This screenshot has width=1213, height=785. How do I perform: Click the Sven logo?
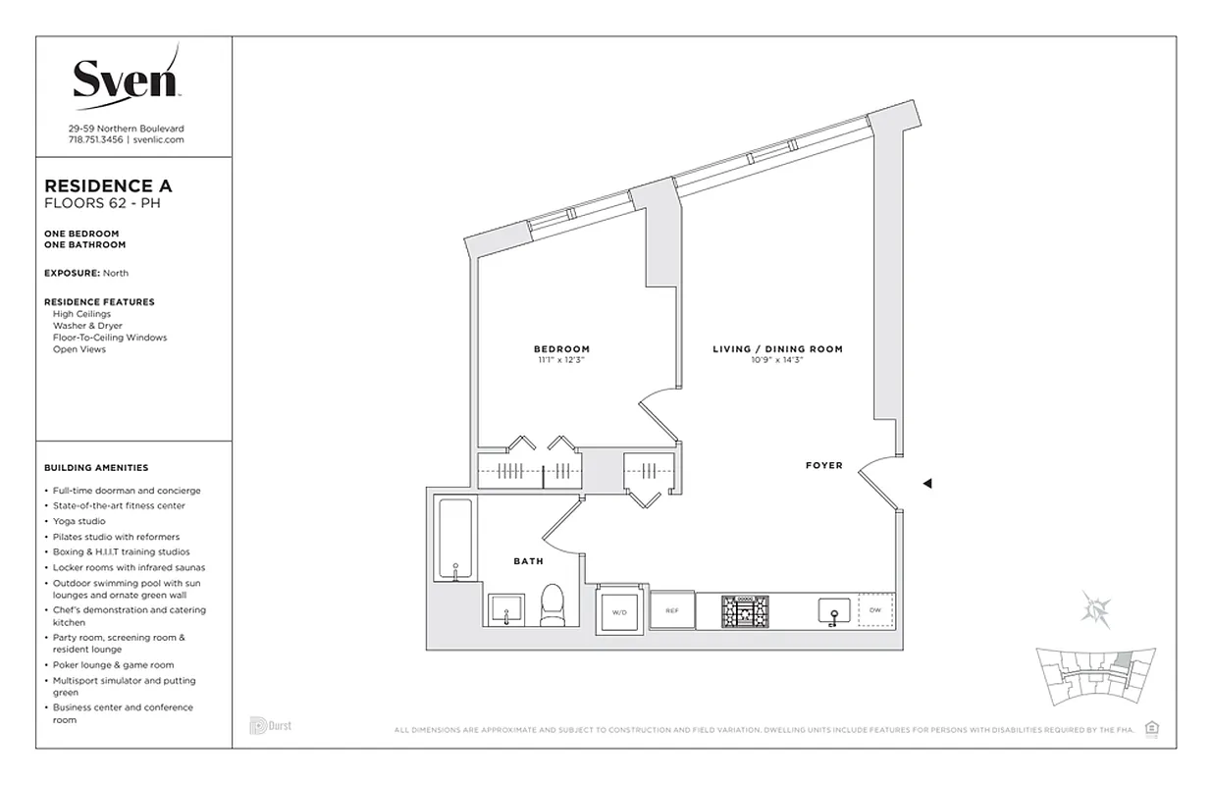pos(126,76)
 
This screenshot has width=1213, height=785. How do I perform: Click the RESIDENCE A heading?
pos(108,185)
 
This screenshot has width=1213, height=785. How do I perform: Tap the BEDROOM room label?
pos(561,349)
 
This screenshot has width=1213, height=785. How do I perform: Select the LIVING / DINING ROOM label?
pos(777,349)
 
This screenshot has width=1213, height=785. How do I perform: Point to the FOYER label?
pos(823,465)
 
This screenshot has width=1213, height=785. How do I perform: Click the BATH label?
pos(528,561)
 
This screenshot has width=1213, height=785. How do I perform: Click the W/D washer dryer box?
pos(619,609)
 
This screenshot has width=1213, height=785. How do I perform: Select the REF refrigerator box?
pos(672,609)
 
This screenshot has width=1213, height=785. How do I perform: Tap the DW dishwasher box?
pos(875,608)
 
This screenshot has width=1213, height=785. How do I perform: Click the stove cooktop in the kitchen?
pos(744,609)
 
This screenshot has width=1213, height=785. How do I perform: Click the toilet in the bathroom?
pos(553,603)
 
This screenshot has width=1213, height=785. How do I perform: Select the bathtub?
pos(453,540)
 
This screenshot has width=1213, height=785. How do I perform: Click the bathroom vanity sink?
pos(505,609)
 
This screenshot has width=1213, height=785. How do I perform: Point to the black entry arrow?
pos(926,483)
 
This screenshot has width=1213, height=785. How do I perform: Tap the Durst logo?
pos(270,727)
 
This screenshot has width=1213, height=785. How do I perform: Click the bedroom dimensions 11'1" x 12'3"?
pos(561,361)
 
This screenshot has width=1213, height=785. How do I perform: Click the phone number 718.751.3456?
pos(95,140)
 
